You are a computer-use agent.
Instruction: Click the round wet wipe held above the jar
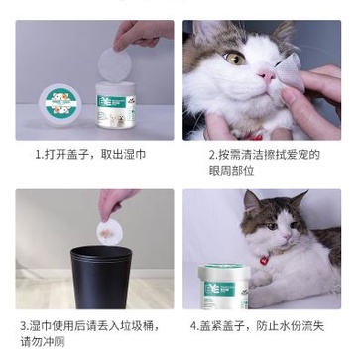pyautogui.click(x=118, y=64)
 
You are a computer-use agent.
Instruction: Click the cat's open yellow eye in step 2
pyautogui.click(x=235, y=59)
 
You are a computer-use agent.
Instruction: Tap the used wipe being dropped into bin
pyautogui.click(x=104, y=230)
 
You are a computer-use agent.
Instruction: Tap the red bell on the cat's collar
pyautogui.click(x=264, y=261)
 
